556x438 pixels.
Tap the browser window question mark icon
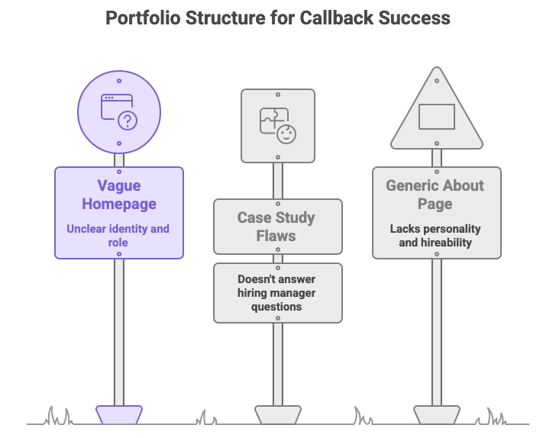(118, 111)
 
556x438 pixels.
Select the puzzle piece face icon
(277, 125)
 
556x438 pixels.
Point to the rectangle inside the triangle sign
(436, 117)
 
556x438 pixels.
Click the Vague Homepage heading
(118, 195)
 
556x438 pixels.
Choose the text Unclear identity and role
(118, 235)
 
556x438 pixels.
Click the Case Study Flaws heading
(276, 227)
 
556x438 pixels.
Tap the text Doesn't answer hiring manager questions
(276, 293)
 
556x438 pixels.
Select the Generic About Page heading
(436, 195)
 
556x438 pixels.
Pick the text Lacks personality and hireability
(436, 235)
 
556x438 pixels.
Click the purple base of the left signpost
(118, 414)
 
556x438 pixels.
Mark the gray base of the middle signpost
(277, 414)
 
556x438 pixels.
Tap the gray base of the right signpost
(436, 414)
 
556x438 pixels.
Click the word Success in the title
(416, 17)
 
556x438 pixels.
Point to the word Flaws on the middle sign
(276, 236)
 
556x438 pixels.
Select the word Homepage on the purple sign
(118, 204)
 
